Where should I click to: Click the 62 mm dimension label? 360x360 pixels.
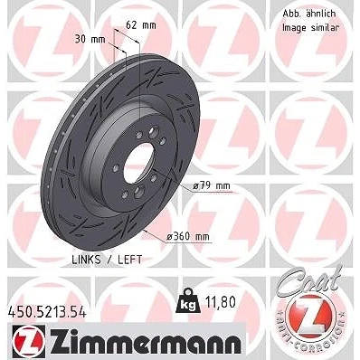click(141, 25)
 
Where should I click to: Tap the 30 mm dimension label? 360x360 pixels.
click(90, 39)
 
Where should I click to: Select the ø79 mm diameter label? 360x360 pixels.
click(211, 186)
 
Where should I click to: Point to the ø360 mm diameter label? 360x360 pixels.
click(188, 237)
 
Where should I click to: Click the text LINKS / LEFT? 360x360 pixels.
click(107, 260)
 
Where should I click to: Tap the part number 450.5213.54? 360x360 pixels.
click(46, 311)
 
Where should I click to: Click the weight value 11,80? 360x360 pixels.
click(220, 302)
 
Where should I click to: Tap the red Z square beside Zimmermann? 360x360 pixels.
click(29, 341)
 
